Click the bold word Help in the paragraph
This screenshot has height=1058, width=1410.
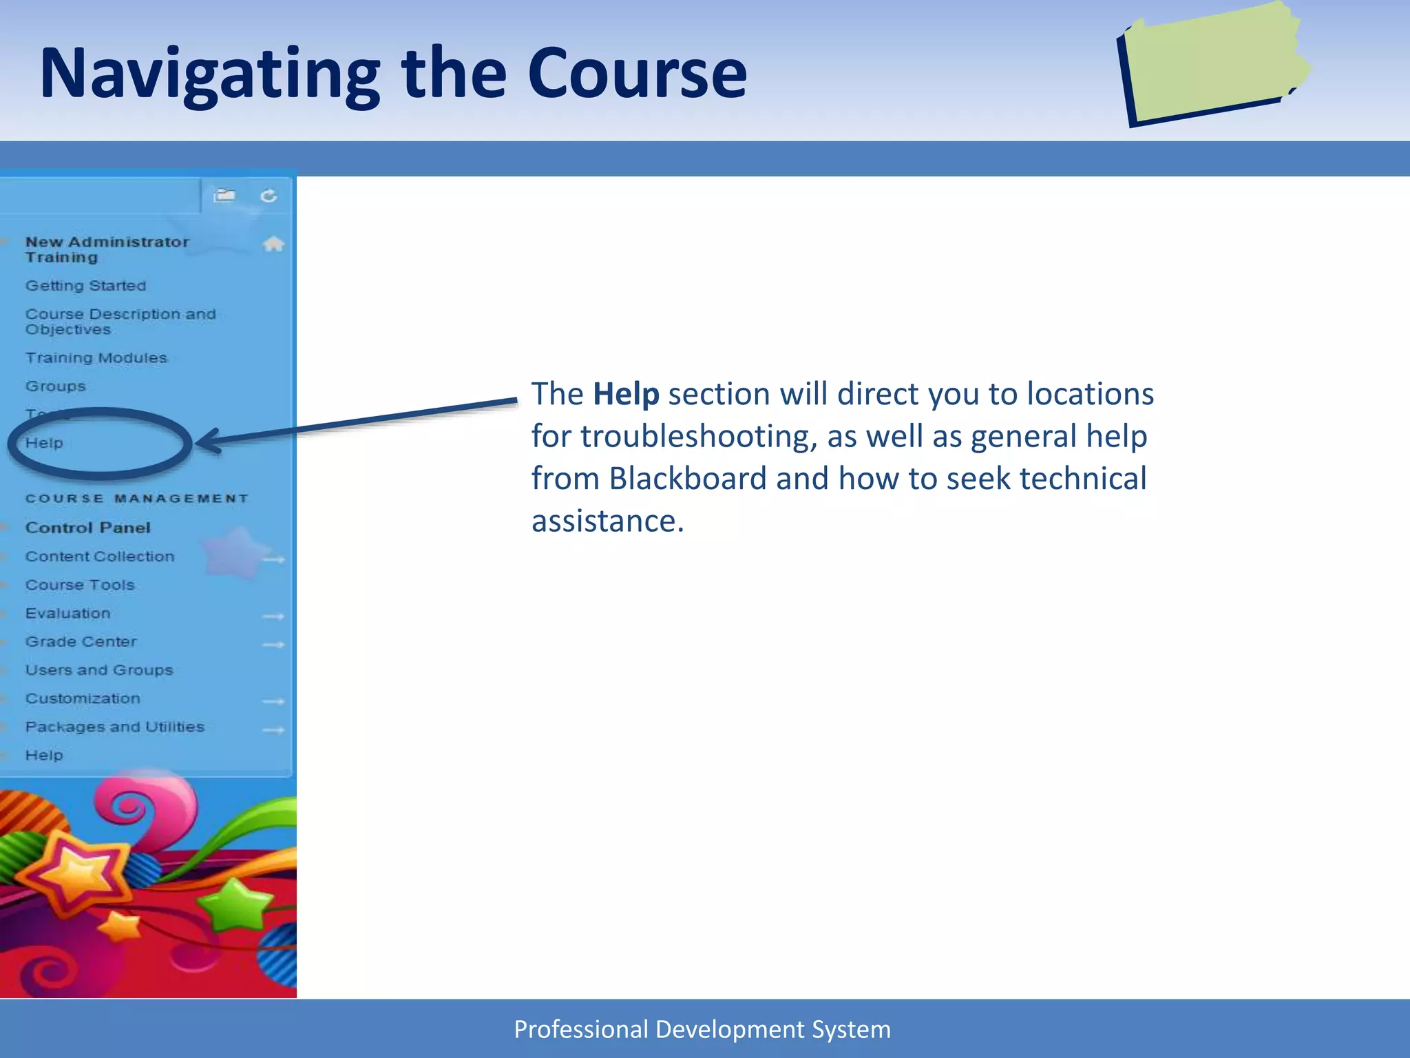pyautogui.click(x=626, y=394)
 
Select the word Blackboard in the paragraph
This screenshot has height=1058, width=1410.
pyautogui.click(x=687, y=479)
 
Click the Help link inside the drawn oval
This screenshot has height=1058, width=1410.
pyautogui.click(x=44, y=443)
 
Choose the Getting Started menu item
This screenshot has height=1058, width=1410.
pyautogui.click(x=86, y=285)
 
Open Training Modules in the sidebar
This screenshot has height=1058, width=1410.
pyautogui.click(x=96, y=358)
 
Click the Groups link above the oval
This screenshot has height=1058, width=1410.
pyautogui.click(x=56, y=386)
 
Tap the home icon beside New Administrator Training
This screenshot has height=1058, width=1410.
pyautogui.click(x=273, y=244)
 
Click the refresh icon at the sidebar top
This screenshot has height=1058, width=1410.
pyautogui.click(x=269, y=196)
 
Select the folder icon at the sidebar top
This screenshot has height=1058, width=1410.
pyautogui.click(x=224, y=196)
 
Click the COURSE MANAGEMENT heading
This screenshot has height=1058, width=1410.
pyautogui.click(x=137, y=498)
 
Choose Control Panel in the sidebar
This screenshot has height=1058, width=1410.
pyautogui.click(x=88, y=528)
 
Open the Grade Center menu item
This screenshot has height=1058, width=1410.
pyautogui.click(x=81, y=642)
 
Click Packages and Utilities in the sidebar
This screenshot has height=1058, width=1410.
pyautogui.click(x=115, y=727)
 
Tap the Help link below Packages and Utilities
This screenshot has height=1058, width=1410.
pyautogui.click(x=44, y=756)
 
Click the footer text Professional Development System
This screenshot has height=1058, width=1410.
pyautogui.click(x=702, y=1029)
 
